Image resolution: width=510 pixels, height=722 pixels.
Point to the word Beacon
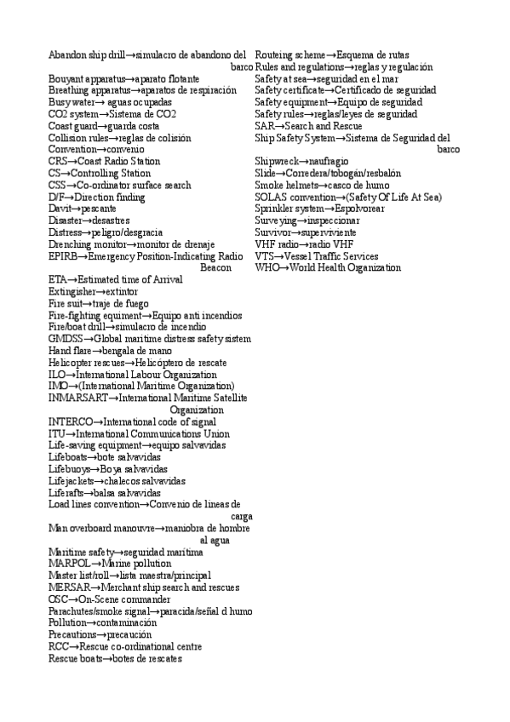[x=215, y=268]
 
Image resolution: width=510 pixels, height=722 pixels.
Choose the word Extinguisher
[x=71, y=291]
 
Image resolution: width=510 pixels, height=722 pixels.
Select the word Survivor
[x=273, y=232]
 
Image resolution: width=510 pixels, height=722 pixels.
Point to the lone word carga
[x=241, y=516]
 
